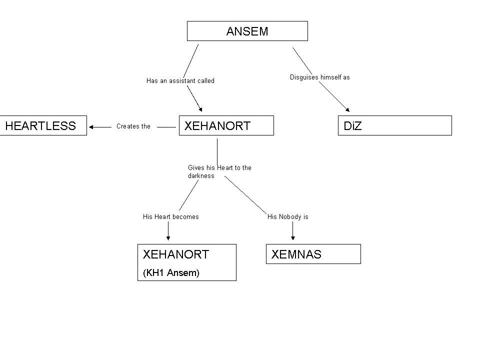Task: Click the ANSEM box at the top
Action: click(247, 31)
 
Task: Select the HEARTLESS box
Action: click(43, 125)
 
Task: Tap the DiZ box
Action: click(394, 125)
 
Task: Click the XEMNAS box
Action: click(313, 254)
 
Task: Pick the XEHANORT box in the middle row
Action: click(226, 125)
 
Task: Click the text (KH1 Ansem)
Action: click(171, 272)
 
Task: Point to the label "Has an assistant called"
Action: click(180, 80)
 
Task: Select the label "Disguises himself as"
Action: click(319, 77)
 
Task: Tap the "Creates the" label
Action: click(133, 126)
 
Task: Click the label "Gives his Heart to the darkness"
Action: click(219, 171)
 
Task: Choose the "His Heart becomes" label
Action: click(170, 216)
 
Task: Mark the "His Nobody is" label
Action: click(287, 216)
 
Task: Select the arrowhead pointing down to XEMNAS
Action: click(292, 238)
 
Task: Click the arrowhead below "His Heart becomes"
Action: click(168, 238)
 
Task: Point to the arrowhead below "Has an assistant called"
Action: click(200, 108)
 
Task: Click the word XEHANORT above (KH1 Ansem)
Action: click(175, 254)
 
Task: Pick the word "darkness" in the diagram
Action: click(201, 176)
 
